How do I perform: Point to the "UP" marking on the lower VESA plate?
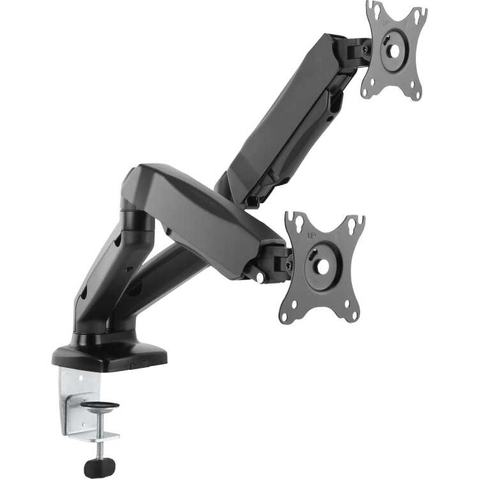point(311,235)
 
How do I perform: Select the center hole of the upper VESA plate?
point(393,50)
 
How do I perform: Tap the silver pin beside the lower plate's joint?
point(261,278)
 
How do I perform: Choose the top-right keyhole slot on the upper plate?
point(420,14)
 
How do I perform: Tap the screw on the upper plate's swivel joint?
point(365,48)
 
